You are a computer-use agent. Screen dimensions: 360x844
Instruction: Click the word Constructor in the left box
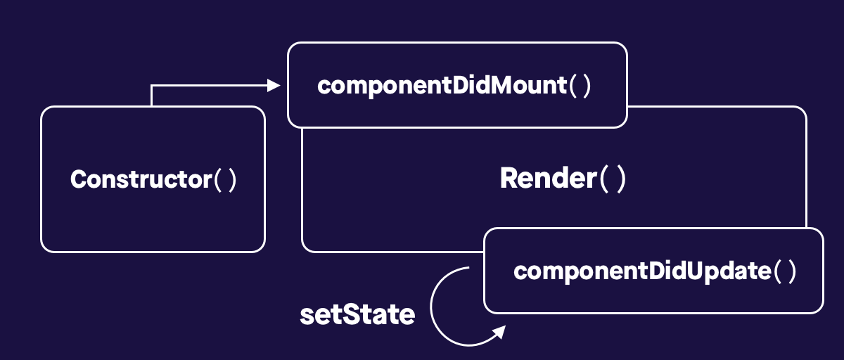[141, 180]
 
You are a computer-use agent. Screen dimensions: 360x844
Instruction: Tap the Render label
[547, 179]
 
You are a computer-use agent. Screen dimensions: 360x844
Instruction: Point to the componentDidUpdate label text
[642, 271]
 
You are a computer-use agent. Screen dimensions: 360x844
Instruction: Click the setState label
[357, 315]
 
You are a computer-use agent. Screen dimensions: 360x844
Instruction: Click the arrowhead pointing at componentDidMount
[274, 86]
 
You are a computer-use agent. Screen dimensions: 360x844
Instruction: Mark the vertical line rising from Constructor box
[152, 96]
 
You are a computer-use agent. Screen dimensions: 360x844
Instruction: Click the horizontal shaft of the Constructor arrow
[211, 86]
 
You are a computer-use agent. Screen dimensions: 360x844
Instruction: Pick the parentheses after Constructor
[226, 180]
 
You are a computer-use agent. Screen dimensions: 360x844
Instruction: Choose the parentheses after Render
[612, 179]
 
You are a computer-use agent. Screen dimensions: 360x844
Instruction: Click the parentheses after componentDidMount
[581, 86]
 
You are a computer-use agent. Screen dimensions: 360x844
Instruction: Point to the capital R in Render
[509, 179]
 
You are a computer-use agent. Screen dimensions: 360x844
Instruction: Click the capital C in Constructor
[78, 180]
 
